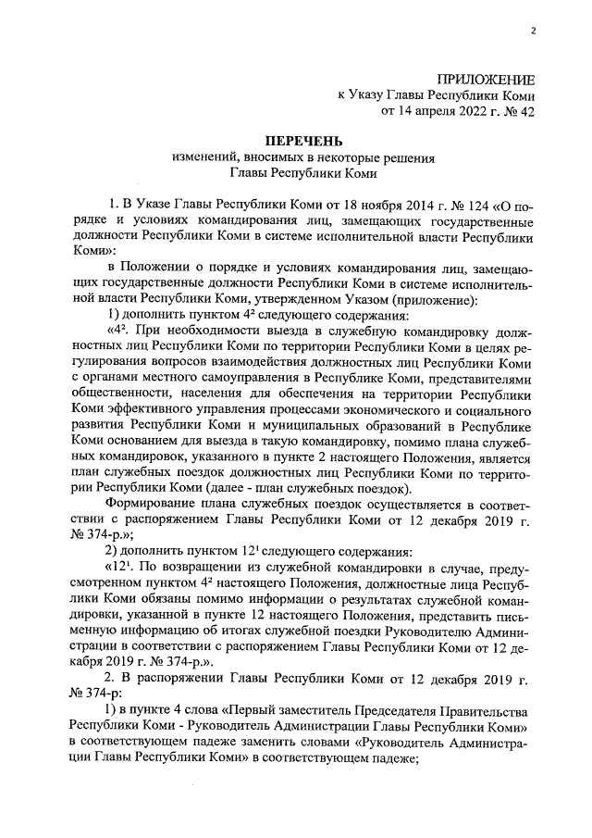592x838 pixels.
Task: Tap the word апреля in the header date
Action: pyautogui.click(x=420, y=113)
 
